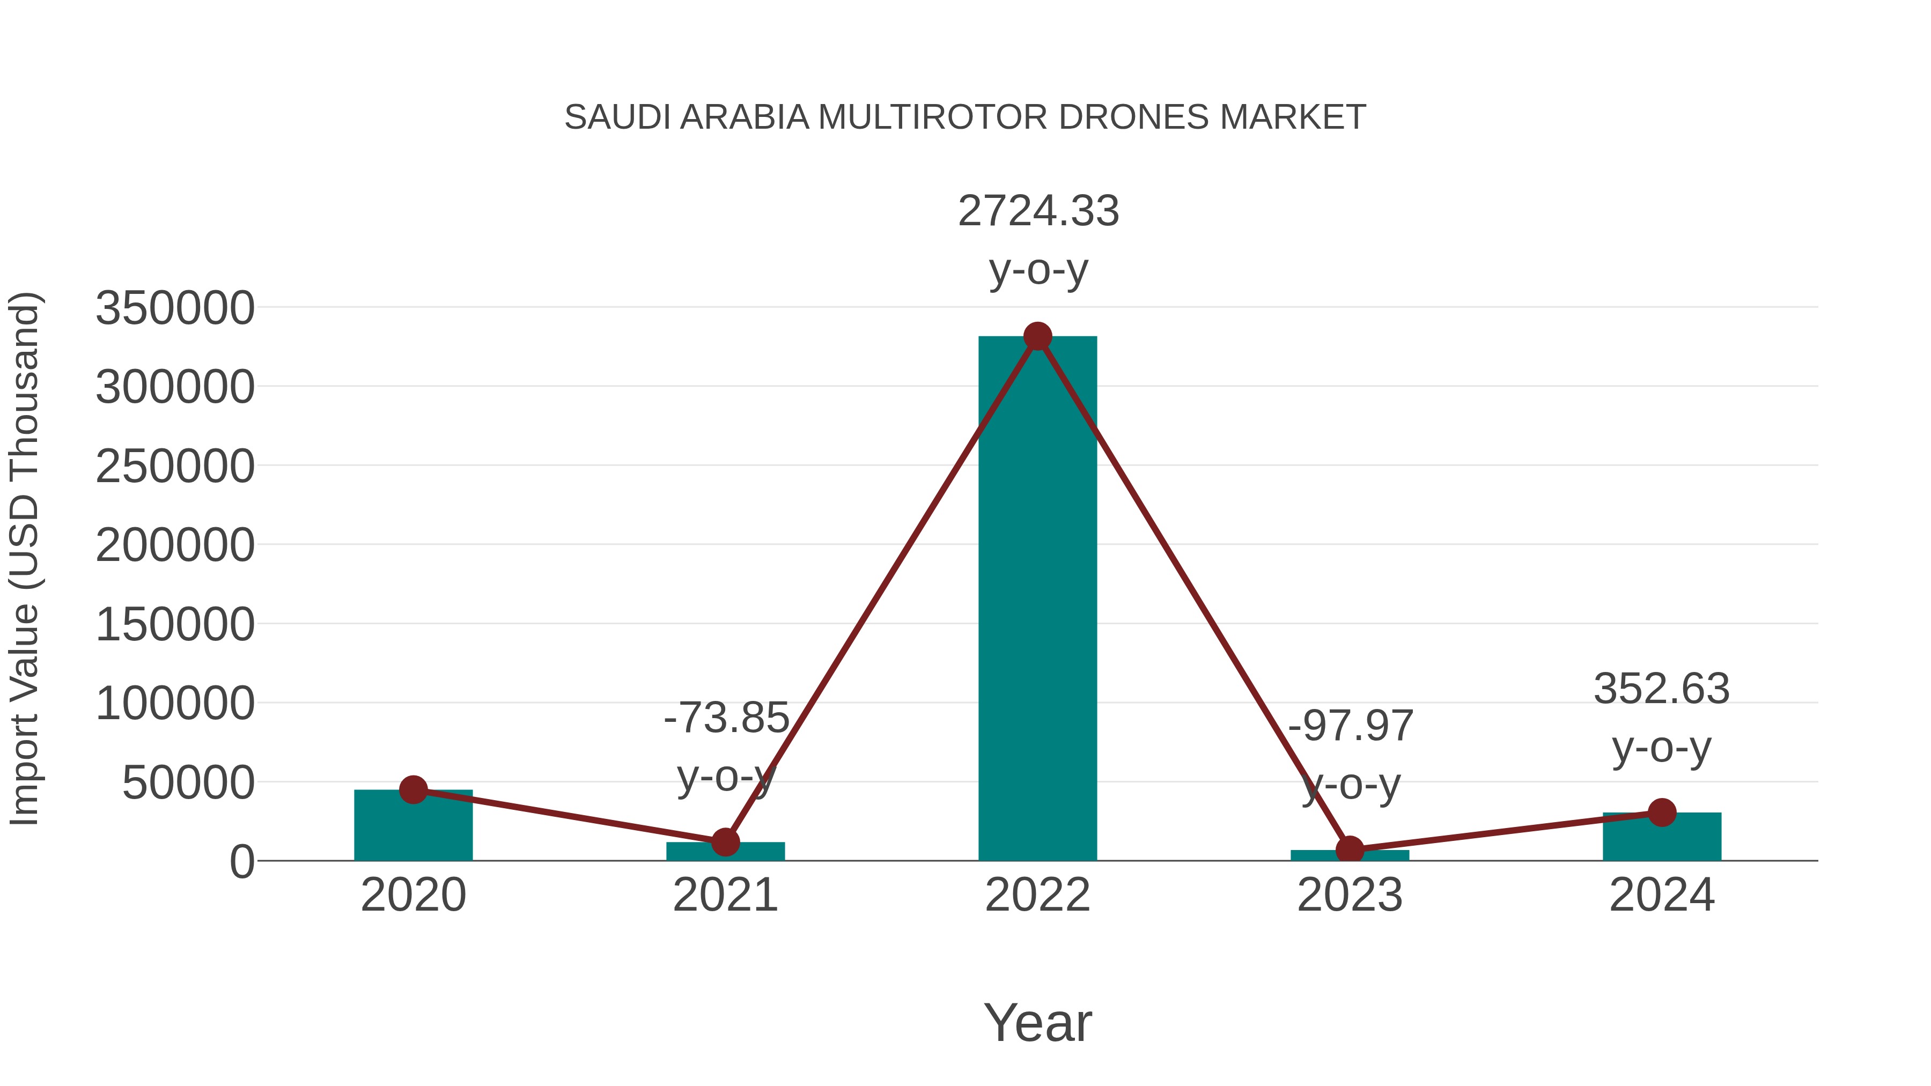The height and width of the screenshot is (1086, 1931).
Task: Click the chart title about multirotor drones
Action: point(965,117)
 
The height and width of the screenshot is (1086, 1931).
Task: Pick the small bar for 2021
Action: point(725,853)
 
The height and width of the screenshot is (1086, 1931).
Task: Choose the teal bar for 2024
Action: point(1662,838)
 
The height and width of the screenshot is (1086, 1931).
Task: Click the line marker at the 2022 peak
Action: point(1037,336)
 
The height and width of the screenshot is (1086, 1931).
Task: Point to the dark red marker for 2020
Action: point(413,789)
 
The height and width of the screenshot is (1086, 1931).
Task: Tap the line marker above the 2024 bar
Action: point(1662,812)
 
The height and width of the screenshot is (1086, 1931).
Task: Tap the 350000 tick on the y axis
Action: point(175,308)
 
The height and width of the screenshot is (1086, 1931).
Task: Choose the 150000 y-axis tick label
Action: point(175,624)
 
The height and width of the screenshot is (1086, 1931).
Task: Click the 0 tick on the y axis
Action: point(241,862)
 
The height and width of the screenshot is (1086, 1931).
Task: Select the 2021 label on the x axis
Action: point(725,895)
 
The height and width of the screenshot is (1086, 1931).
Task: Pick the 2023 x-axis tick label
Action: point(1350,895)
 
